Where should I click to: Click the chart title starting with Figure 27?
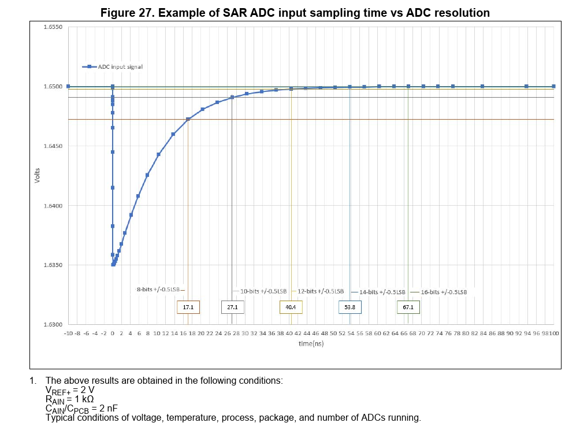295,13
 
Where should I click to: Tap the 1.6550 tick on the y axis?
53,27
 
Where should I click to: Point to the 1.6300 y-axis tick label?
53,325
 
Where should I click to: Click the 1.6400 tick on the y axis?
53,206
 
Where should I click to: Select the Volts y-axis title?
37,176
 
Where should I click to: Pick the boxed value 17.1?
188,307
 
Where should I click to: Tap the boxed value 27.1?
232,307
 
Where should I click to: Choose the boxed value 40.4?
291,307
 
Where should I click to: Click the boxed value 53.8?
350,307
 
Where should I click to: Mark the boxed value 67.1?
408,307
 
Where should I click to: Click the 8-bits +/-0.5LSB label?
161,289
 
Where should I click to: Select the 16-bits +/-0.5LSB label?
443,292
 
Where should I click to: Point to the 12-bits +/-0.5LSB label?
321,291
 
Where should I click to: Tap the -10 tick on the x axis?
68,333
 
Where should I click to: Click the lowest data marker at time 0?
113,265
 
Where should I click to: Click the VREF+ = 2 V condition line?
70,390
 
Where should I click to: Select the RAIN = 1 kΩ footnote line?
69,399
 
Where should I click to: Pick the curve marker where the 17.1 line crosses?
188,119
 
